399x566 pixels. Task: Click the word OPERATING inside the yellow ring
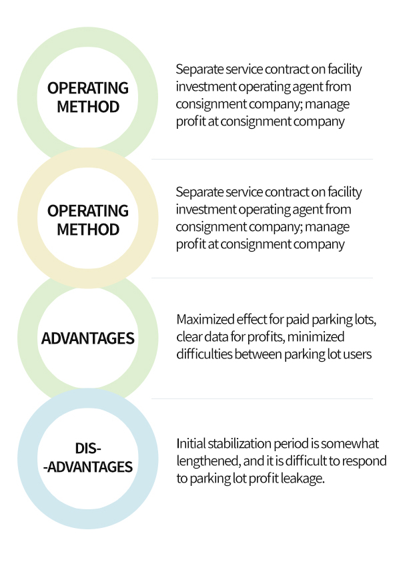tap(87, 211)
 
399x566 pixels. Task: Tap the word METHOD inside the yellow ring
tap(88, 230)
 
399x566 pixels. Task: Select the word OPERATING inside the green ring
tap(87, 88)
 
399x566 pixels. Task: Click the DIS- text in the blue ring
tap(88, 449)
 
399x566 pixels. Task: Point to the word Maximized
tap(206, 320)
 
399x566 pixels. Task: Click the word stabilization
tap(240, 443)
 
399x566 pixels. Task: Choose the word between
tap(258, 354)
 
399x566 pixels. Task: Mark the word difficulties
tap(205, 354)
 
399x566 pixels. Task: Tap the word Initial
tap(191, 443)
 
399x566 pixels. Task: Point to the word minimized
tap(316, 337)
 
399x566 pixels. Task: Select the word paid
tap(298, 320)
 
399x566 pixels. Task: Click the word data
tap(216, 337)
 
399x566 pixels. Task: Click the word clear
tap(189, 337)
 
